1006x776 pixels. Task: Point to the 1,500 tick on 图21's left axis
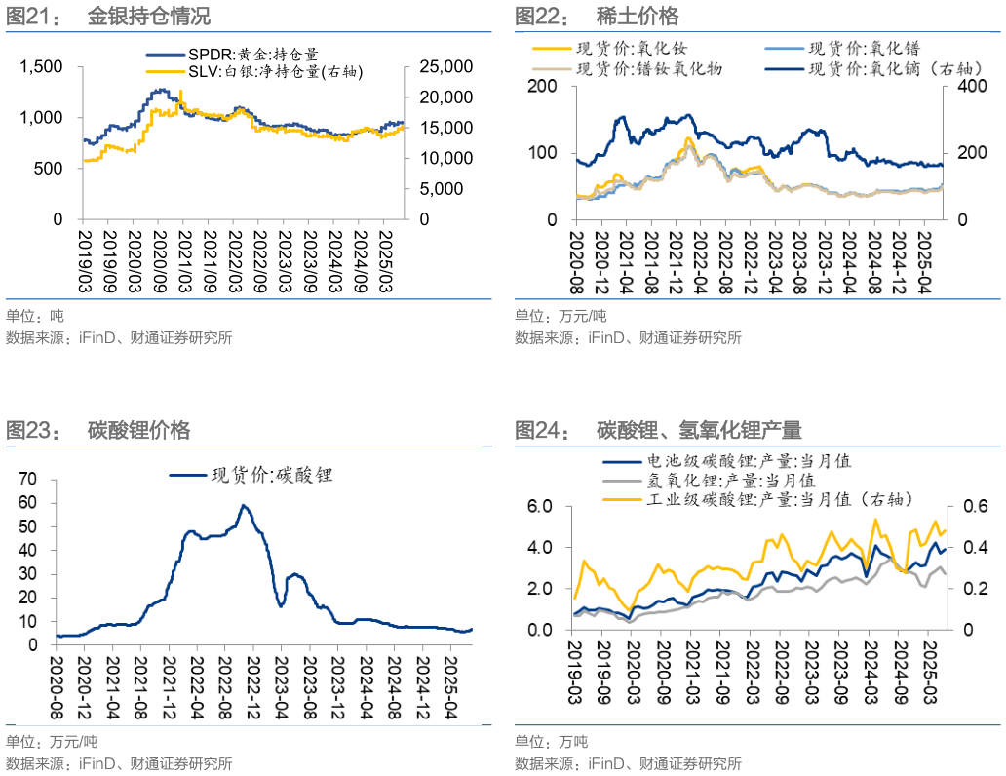click(43, 66)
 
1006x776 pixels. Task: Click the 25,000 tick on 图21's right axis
click(445, 66)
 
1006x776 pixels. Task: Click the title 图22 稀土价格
click(597, 17)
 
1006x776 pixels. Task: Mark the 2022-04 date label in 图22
click(700, 259)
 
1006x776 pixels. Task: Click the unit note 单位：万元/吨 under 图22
click(561, 316)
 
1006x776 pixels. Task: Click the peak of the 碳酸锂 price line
click(243, 505)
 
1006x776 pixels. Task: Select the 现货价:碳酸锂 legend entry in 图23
click(263, 476)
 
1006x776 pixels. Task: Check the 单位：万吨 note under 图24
click(552, 741)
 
